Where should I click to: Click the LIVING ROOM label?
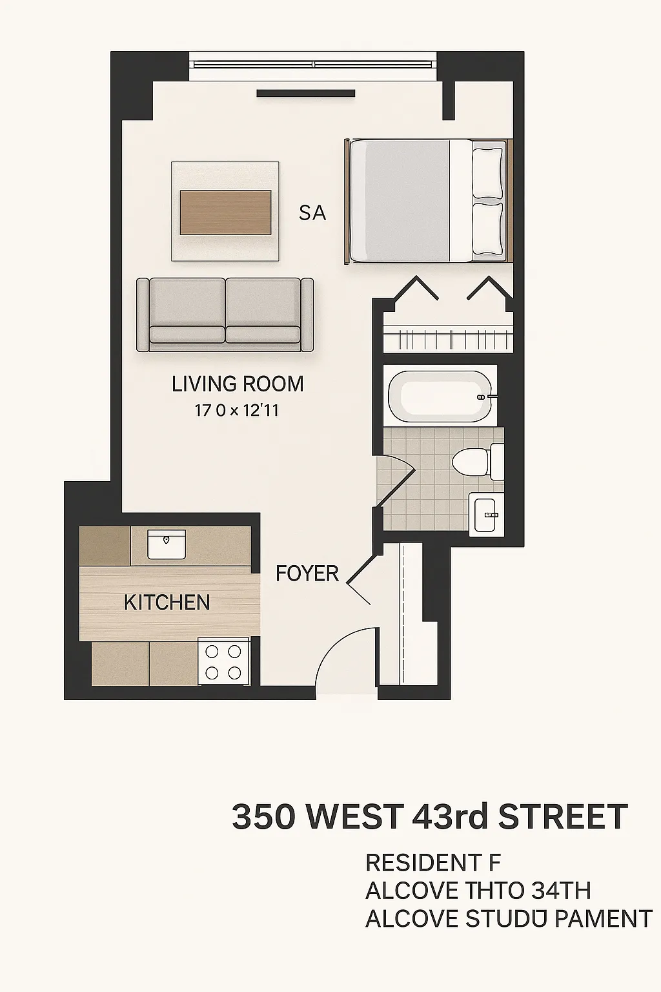pyautogui.click(x=238, y=384)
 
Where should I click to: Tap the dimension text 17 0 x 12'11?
pyautogui.click(x=236, y=410)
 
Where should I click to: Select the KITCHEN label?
pyautogui.click(x=167, y=603)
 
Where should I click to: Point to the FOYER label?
pyautogui.click(x=307, y=573)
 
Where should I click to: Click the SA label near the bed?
pyautogui.click(x=312, y=213)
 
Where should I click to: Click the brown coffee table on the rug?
pyautogui.click(x=225, y=212)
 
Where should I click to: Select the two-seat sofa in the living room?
pyautogui.click(x=225, y=315)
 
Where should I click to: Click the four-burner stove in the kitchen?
pyautogui.click(x=223, y=661)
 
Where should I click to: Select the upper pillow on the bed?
pyautogui.click(x=487, y=173)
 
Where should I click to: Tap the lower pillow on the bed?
pyautogui.click(x=487, y=229)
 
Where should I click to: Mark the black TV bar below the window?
pyautogui.click(x=306, y=94)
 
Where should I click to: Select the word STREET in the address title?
pyautogui.click(x=563, y=818)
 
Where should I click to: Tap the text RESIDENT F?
pyautogui.click(x=433, y=863)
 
